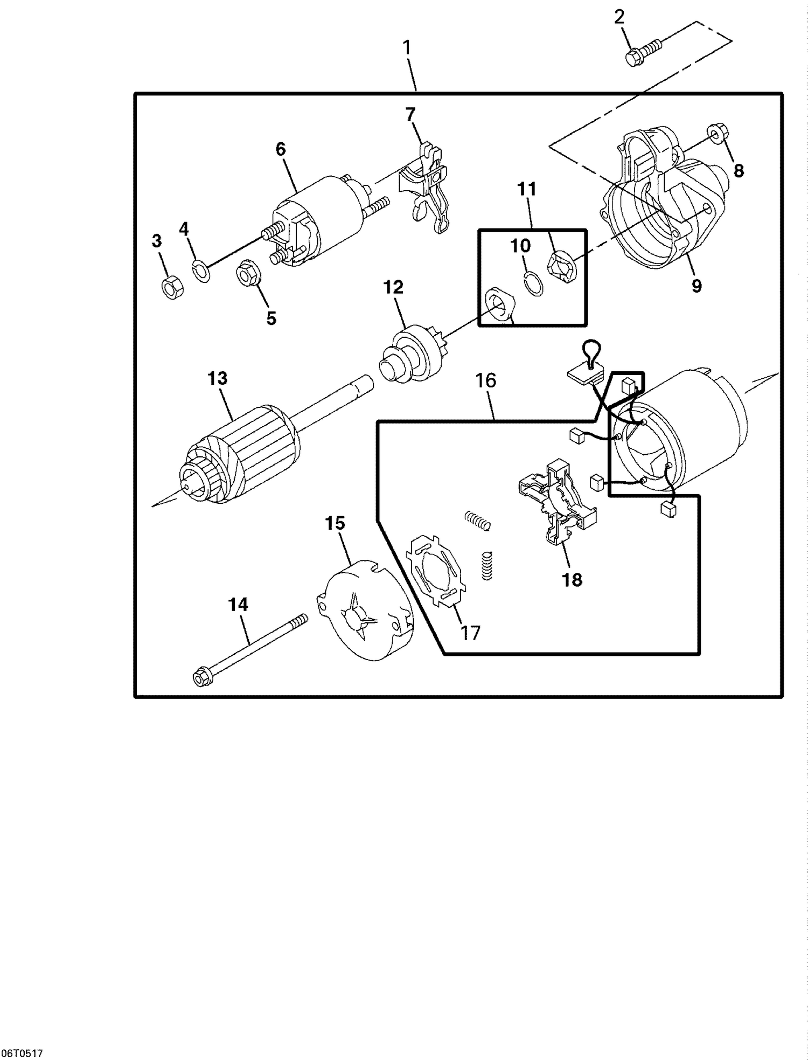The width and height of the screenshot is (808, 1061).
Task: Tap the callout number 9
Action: [696, 285]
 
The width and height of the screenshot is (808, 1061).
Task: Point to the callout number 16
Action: [485, 380]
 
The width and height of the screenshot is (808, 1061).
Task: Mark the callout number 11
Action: [527, 189]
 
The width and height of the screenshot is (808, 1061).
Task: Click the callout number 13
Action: [218, 378]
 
